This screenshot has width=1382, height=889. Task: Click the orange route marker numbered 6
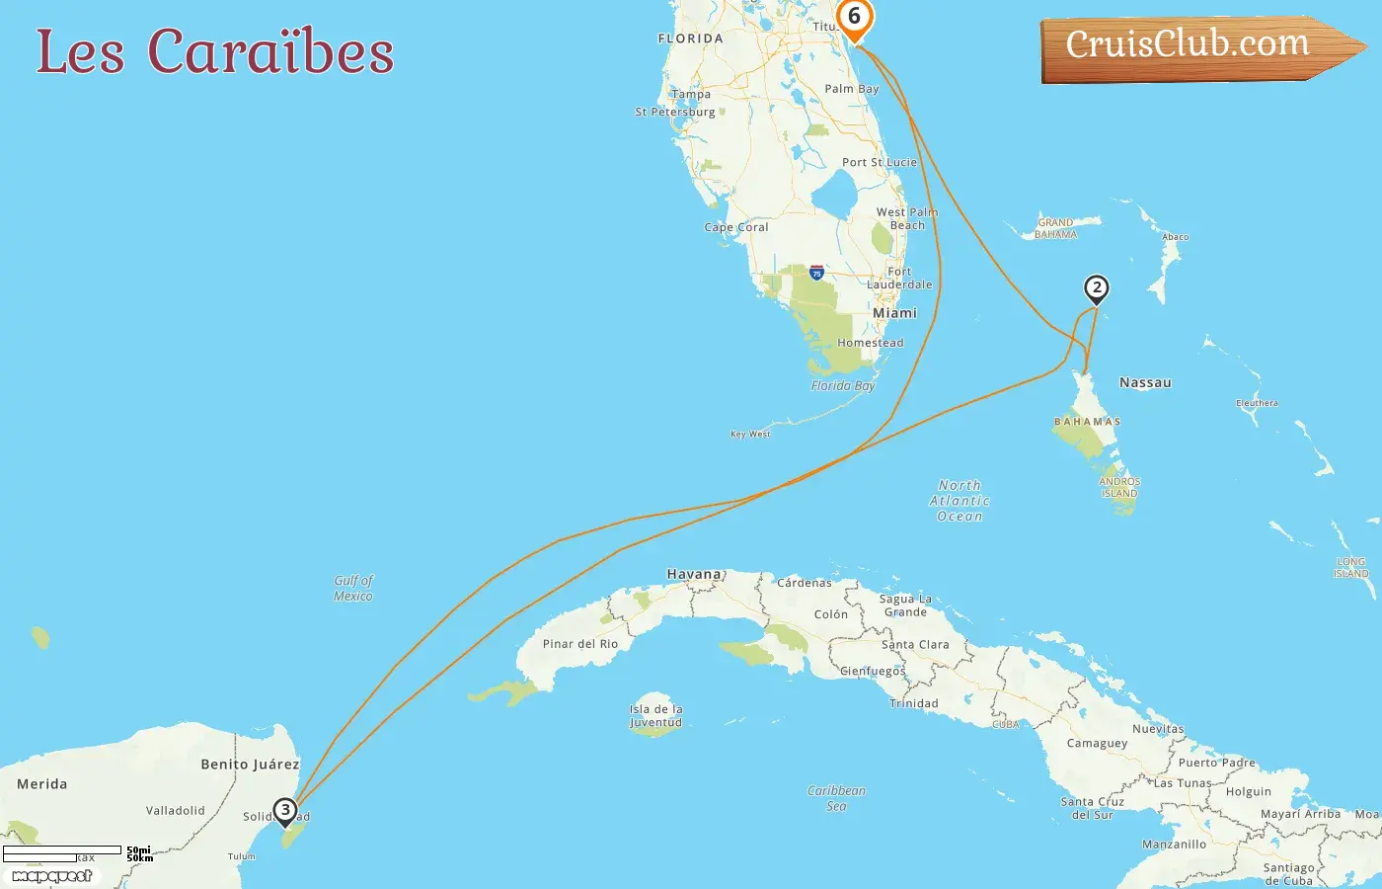pos(854,18)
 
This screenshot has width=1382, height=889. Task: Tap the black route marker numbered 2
pos(1096,288)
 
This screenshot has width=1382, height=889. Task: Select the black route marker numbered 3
pos(285,811)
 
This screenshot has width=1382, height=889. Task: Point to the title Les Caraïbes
pos(215,52)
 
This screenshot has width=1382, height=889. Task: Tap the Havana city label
pos(694,574)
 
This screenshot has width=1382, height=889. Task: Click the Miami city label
pos(894,313)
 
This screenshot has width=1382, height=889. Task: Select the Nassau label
pos(1145,382)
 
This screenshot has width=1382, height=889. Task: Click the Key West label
pos(750,434)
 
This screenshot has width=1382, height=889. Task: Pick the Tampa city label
pos(691,95)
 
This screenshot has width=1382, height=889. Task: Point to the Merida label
pos(42,784)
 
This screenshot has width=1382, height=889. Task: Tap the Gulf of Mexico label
pos(353,588)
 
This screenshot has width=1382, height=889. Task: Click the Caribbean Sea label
pos(836,798)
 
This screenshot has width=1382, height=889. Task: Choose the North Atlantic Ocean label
pos(960,501)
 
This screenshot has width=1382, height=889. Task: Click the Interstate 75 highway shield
pos(816,273)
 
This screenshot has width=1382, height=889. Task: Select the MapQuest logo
pos(52,875)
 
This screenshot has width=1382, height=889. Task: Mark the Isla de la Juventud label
pos(655,715)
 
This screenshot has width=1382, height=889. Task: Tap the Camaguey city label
pos(1097,743)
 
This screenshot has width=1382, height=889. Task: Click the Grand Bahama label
pos(1055,228)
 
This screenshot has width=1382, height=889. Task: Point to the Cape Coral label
pos(736,227)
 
